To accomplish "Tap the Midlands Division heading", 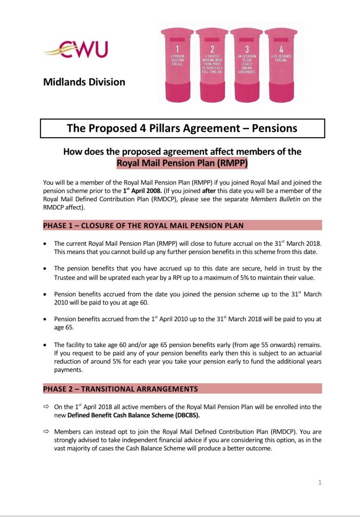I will [84, 82].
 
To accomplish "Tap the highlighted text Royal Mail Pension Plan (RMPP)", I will [182, 163].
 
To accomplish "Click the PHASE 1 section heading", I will [143, 225].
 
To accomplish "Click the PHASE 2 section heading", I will [120, 389].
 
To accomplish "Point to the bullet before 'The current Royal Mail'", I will [45, 243].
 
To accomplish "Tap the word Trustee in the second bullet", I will [67, 277].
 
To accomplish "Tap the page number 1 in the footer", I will [320, 483].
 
